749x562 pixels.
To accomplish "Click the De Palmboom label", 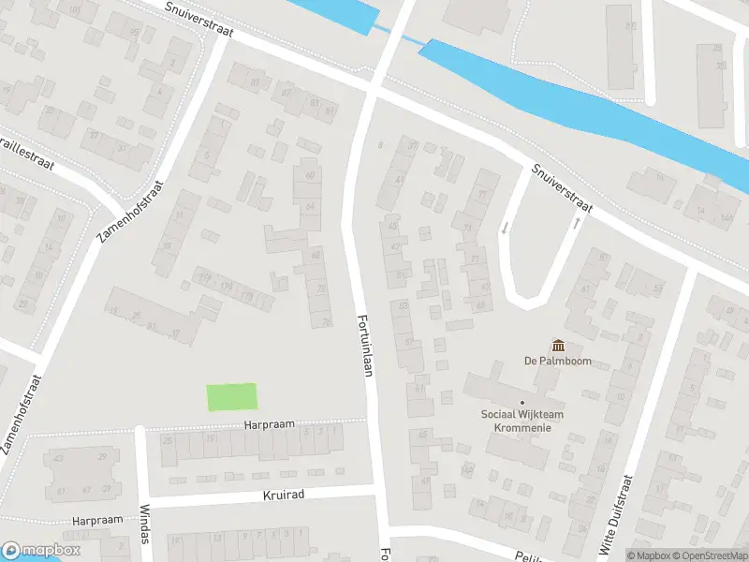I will tap(557, 362).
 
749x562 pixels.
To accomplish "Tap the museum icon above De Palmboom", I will tap(558, 346).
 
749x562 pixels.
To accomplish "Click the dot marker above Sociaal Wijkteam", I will tap(522, 403).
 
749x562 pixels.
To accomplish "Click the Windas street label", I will tap(144, 520).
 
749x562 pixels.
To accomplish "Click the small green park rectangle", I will tap(231, 397).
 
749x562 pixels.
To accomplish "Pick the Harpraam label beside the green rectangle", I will tap(269, 424).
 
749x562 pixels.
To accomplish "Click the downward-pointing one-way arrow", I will tap(506, 228).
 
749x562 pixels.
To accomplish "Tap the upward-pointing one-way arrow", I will tap(575, 223).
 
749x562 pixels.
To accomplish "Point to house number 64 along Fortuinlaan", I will tap(310, 205).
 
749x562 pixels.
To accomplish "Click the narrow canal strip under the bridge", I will tap(381, 29).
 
